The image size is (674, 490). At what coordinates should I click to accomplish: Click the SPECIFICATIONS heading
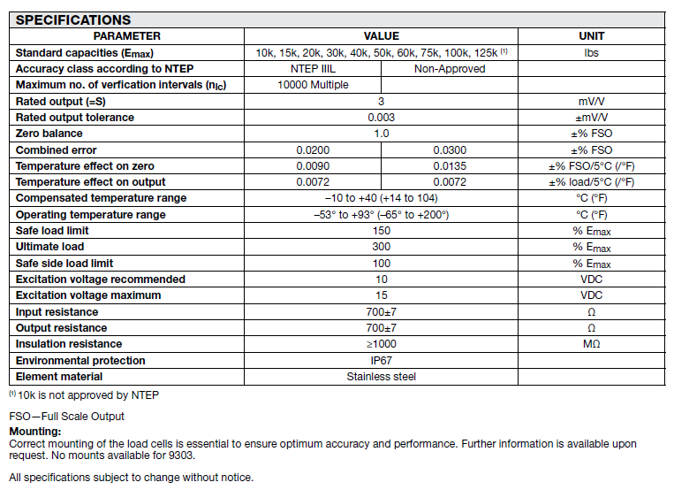74,19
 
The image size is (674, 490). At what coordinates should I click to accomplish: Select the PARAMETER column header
127,36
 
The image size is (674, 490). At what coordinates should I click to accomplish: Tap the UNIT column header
591,36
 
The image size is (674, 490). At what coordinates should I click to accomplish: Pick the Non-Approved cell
450,69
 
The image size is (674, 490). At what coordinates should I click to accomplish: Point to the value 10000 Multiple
313,85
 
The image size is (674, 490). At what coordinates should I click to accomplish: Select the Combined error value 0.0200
313,150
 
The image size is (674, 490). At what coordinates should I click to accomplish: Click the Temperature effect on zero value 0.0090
313,166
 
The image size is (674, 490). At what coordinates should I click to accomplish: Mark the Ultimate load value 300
382,247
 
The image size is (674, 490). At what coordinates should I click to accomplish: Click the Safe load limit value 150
382,231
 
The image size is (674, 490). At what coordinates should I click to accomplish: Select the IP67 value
382,361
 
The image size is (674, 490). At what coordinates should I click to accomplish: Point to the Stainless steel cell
382,377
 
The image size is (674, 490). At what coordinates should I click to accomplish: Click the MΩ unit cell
591,344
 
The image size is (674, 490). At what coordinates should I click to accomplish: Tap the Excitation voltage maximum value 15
382,295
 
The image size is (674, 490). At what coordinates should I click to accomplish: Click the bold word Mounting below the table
34,432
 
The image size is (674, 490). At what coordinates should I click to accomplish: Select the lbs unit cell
591,52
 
